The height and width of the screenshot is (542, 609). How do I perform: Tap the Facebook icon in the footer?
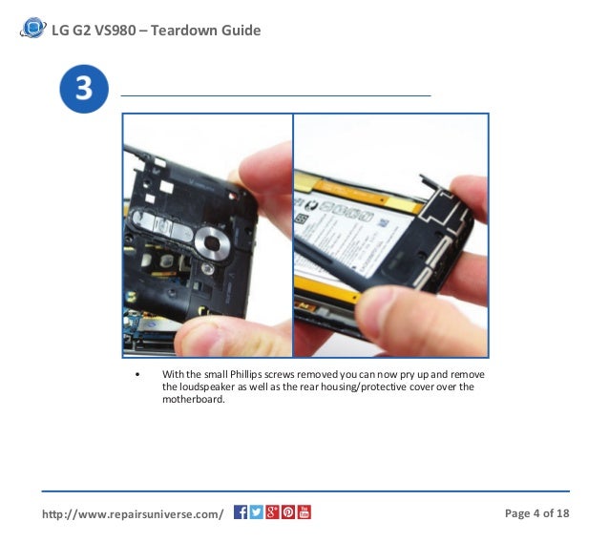241,513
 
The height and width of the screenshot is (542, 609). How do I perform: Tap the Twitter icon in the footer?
256,513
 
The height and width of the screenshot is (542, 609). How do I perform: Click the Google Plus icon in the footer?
272,513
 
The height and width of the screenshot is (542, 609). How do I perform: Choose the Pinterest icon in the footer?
287,513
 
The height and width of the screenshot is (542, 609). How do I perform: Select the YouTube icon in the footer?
304,513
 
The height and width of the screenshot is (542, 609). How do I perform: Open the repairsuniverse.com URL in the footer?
133,514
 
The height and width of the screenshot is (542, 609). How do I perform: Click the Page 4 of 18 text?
536,514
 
